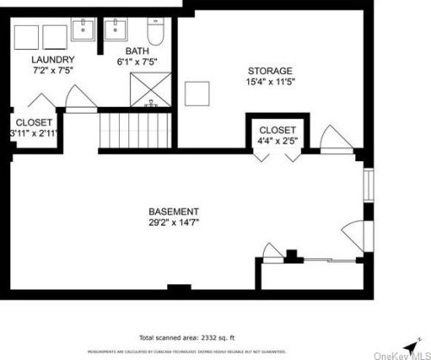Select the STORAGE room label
tap(270, 71)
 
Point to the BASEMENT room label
tap(174, 211)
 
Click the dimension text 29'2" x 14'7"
tap(174, 221)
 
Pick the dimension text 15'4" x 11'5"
tap(270, 82)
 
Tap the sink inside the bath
tap(116, 30)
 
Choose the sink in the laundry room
tap(84, 30)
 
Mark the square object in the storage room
tap(198, 93)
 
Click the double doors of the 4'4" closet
tap(276, 155)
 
